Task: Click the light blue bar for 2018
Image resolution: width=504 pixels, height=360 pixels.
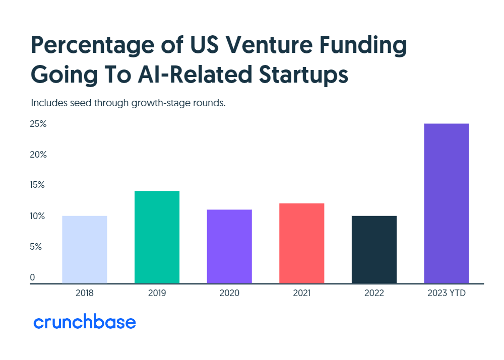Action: [85, 250]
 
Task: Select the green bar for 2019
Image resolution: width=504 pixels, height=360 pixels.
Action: [157, 237]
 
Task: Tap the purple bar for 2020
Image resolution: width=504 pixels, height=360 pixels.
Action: [229, 247]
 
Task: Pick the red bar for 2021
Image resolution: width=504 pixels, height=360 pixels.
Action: [301, 243]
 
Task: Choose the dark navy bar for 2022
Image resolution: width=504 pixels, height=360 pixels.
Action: [374, 250]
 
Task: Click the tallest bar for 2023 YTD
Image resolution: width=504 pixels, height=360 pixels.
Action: [447, 203]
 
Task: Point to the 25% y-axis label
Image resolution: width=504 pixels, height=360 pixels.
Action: [38, 124]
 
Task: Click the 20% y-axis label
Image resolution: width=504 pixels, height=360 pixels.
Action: [38, 155]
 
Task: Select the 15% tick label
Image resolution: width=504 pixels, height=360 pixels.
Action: [38, 185]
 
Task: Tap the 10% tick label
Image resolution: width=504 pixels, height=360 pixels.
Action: [38, 217]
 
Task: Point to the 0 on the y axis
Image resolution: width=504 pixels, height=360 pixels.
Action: [33, 277]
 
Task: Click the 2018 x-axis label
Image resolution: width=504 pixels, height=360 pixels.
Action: [84, 293]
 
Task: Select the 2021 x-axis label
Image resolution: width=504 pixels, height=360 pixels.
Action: [301, 293]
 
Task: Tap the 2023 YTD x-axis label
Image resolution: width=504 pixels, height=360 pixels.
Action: [446, 293]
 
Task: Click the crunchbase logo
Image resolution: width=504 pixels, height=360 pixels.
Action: [85, 322]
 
